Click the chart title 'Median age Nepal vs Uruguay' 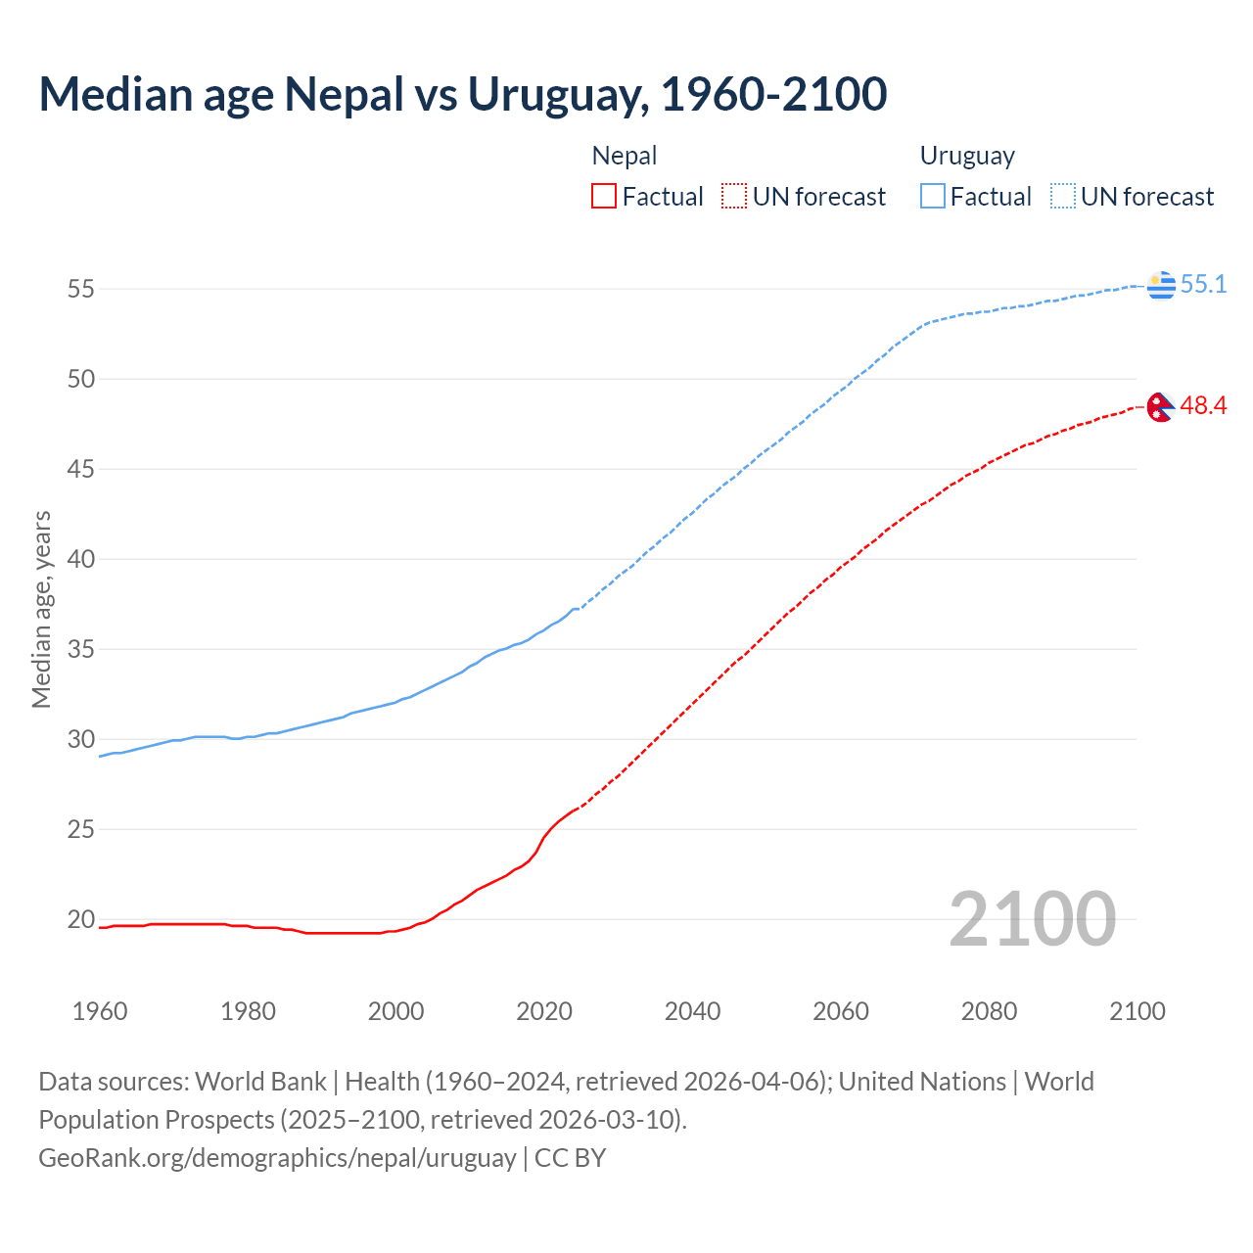click(x=462, y=94)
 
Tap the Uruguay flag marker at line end click(x=1161, y=285)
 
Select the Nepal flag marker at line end click(x=1160, y=407)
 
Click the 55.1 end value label click(x=1203, y=285)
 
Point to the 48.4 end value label click(x=1203, y=406)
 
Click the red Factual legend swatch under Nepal click(x=604, y=197)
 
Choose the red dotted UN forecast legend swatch click(x=734, y=197)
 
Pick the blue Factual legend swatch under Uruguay click(x=933, y=197)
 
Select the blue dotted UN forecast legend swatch click(x=1063, y=197)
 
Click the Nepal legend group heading click(x=625, y=156)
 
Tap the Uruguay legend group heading click(x=967, y=156)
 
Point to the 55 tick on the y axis click(x=80, y=289)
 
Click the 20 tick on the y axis click(x=80, y=919)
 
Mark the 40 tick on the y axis click(x=80, y=559)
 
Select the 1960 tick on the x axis click(x=100, y=1011)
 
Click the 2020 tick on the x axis click(x=544, y=1011)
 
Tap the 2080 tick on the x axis click(x=989, y=1011)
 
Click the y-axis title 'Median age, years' click(x=41, y=609)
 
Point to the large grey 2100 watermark click(x=1032, y=919)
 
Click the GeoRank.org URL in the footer click(x=277, y=1158)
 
